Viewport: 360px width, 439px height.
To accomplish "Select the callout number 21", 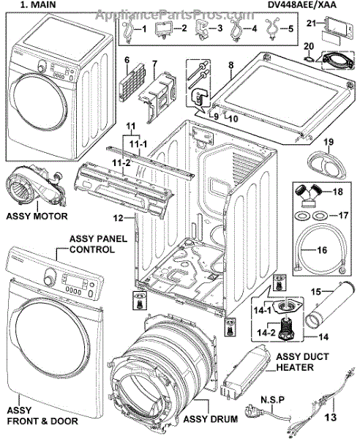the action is pos(311,23).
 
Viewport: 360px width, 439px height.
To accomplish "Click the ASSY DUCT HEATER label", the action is pos(302,361).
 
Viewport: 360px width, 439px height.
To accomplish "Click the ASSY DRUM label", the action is pos(211,419).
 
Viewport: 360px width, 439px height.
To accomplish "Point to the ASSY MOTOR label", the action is pos(37,216).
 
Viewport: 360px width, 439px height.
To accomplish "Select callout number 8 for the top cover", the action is pos(231,65).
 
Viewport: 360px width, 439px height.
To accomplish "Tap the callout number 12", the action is pos(118,217).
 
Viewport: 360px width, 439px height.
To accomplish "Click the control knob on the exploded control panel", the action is pos(49,276).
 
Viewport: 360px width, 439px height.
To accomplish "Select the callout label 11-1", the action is pos(138,144).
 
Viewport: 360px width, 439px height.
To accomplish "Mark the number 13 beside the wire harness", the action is pos(330,417).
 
